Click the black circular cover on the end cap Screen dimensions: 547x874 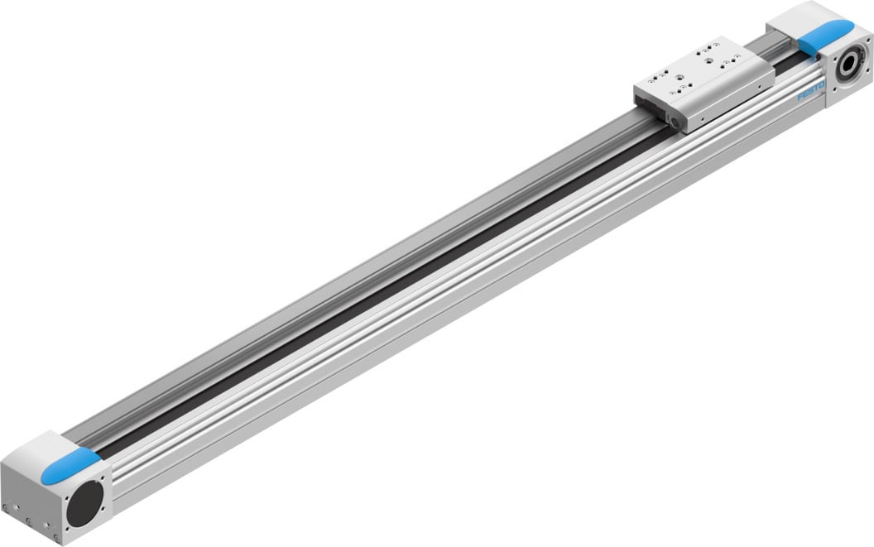click(x=85, y=501)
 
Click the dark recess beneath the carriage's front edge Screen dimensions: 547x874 click(x=654, y=112)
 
